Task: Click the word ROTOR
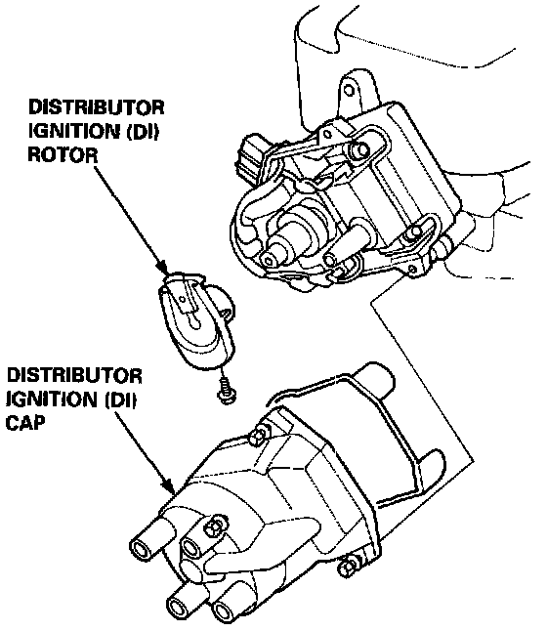point(63,154)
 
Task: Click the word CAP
point(25,423)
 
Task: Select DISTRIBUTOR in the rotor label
point(96,107)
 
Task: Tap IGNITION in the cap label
point(52,400)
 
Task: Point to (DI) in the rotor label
point(143,131)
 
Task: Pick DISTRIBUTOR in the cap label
point(74,376)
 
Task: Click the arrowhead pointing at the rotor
point(162,268)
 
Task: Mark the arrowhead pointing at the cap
point(168,485)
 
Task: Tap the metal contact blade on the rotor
point(186,299)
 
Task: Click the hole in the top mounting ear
point(349,89)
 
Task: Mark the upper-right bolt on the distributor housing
point(359,150)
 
